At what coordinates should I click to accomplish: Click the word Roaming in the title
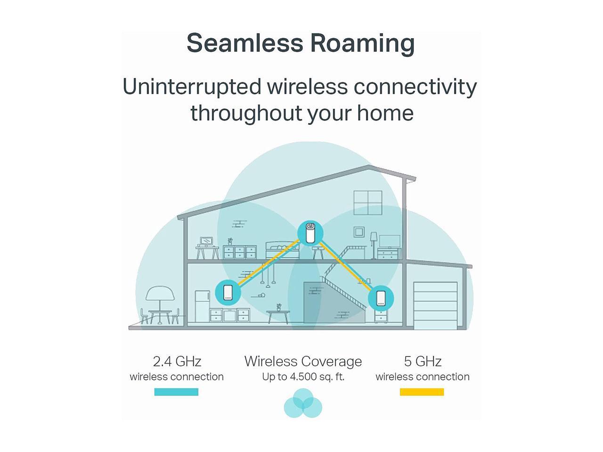(x=362, y=44)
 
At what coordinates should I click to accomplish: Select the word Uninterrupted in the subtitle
(x=191, y=87)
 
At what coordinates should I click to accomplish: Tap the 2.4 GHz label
(x=177, y=361)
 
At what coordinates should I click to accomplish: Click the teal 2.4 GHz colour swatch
(x=176, y=392)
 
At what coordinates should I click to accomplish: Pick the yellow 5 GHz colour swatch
(x=422, y=392)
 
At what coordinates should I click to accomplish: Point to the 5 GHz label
(x=423, y=361)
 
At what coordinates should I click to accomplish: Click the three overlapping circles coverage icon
(x=303, y=404)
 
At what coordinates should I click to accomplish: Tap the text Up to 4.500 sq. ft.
(x=303, y=377)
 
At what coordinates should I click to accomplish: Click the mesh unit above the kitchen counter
(x=228, y=292)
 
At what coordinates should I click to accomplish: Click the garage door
(x=435, y=305)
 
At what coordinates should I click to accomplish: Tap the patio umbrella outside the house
(x=160, y=296)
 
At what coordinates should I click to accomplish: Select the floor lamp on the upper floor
(x=374, y=243)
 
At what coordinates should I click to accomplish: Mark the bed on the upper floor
(x=282, y=250)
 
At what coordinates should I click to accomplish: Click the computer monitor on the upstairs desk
(x=206, y=242)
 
